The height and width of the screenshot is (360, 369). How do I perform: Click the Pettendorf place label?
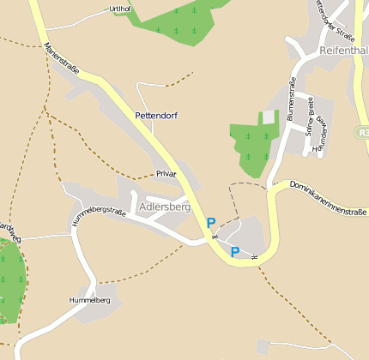tap(156, 115)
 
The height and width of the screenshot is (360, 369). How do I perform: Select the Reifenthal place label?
tap(343, 51)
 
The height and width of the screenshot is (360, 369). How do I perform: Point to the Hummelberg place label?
tap(90, 301)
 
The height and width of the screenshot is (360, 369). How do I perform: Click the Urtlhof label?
tap(122, 9)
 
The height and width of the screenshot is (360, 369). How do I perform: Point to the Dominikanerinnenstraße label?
tap(328, 197)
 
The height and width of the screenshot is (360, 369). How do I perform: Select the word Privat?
tap(166, 174)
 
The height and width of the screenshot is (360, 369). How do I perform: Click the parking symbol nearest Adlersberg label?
tap(211, 223)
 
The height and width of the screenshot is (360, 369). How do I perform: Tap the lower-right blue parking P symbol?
tap(235, 252)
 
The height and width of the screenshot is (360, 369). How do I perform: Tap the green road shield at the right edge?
tap(363, 133)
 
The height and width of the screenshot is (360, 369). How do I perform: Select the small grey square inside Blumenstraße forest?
tap(269, 117)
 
